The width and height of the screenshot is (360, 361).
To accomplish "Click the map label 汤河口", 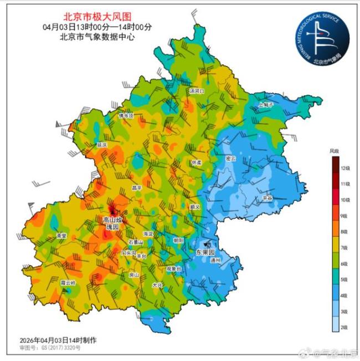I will pos(197,90).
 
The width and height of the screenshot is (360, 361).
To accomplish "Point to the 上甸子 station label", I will pos(266,104).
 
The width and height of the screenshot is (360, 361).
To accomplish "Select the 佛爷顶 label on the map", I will pos(126,116).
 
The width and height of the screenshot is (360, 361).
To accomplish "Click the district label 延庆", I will pos(101,144).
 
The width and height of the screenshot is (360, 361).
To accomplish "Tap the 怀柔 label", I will pos(197,163).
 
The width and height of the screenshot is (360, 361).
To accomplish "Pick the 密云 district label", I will pos(231,159).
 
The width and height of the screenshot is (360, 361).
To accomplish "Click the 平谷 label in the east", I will pos(268,197).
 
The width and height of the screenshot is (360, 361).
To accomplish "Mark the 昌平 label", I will pos(137,189).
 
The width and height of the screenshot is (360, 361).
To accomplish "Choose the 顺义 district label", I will pos(194,206).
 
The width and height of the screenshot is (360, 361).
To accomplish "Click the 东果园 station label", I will pos(205,252).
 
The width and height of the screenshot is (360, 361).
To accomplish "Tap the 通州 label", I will pos(216,260).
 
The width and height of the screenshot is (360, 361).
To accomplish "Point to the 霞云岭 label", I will pos(68,283).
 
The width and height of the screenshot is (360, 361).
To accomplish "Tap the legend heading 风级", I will pos(334,150).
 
